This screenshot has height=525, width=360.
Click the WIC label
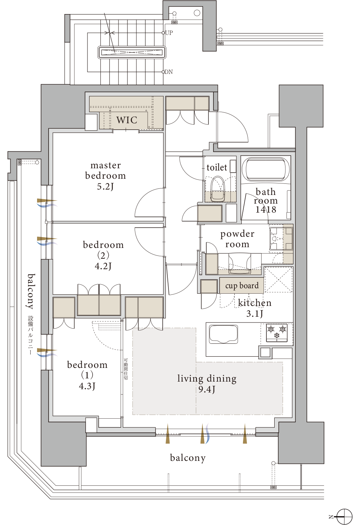(x=127, y=120)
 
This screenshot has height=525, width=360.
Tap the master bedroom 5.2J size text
(x=105, y=187)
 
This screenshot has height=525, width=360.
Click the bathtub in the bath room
(x=265, y=169)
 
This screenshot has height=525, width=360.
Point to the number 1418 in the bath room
(x=266, y=209)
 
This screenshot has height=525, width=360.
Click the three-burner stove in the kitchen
(x=277, y=332)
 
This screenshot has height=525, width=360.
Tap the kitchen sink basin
(x=223, y=334)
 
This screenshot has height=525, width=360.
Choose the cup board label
(x=242, y=285)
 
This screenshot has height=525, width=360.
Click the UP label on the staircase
(x=169, y=33)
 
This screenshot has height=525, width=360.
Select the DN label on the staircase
(x=168, y=72)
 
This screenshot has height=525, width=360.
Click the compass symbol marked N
(x=344, y=516)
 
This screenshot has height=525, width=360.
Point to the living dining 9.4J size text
(x=207, y=389)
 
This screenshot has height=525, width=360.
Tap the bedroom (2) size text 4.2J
(x=103, y=266)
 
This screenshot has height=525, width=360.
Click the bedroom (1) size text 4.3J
(x=87, y=386)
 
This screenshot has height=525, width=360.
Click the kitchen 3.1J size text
(x=255, y=313)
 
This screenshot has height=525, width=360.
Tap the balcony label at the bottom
(x=188, y=458)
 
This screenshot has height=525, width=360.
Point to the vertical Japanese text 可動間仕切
(x=126, y=369)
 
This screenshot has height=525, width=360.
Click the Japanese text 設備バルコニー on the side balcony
(x=31, y=335)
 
